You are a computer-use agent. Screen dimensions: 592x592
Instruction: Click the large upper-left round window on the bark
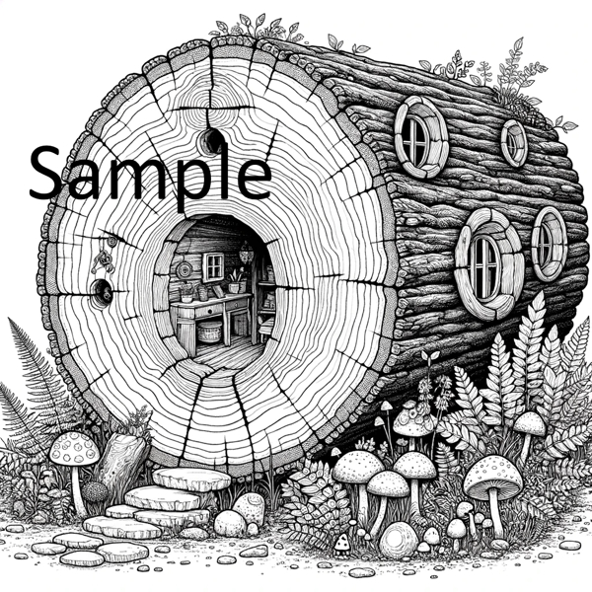(422, 137)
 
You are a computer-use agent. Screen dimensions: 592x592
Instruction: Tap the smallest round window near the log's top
(514, 143)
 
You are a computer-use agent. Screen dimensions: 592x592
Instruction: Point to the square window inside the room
(213, 264)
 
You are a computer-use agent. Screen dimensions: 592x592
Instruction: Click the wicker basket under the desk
(210, 332)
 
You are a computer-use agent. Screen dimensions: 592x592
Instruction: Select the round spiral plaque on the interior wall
(185, 269)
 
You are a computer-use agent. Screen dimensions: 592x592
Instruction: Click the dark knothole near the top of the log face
(210, 141)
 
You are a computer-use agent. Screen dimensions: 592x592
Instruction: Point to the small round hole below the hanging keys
(101, 290)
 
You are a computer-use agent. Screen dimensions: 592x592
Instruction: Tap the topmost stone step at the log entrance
(191, 480)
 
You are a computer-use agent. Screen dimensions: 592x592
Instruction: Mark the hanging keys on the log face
(99, 261)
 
